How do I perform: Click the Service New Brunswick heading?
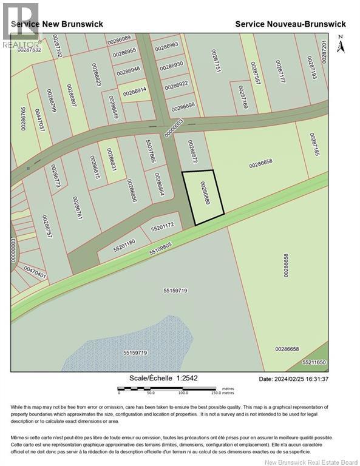[x=57, y=24]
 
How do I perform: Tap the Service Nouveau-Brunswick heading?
[x=290, y=24]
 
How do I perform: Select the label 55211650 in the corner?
[x=314, y=363]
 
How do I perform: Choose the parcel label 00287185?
[x=313, y=146]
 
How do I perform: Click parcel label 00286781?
[x=77, y=209]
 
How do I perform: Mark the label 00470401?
[x=35, y=272]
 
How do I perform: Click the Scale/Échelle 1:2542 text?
[x=163, y=378]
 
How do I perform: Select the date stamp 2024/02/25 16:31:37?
[x=293, y=379]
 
